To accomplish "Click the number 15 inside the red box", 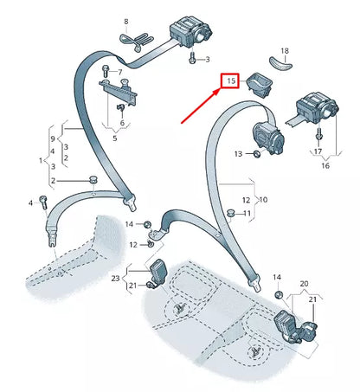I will [231, 81].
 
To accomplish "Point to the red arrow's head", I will [219, 93].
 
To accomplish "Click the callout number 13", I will [240, 154].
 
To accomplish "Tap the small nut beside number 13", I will [257, 155].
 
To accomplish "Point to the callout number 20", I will [305, 283].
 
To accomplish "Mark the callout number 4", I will [31, 202].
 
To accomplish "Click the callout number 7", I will [119, 73].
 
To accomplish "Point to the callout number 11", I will [247, 213].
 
